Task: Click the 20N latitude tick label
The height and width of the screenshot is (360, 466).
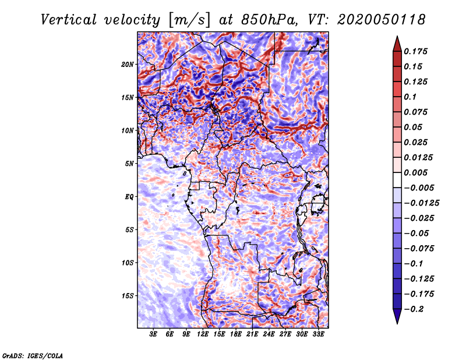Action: coord(127,65)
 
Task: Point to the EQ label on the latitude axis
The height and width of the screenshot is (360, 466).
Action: coord(129,197)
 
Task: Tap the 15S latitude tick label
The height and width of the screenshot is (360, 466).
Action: coord(128,296)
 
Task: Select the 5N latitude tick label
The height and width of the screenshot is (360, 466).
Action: coord(129,164)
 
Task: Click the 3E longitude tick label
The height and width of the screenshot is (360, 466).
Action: coord(153,334)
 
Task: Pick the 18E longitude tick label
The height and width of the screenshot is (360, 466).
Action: coord(236,334)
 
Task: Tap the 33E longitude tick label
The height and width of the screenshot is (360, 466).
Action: coord(318,334)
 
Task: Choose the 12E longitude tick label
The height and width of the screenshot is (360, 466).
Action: coord(203,334)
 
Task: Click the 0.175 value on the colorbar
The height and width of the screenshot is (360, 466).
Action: coord(415,51)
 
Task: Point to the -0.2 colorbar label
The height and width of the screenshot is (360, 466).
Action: coord(414,309)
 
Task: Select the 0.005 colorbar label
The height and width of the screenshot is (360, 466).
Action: coord(415,172)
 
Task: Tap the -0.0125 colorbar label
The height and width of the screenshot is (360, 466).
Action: coord(421,203)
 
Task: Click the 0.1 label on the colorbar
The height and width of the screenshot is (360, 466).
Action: coord(410,97)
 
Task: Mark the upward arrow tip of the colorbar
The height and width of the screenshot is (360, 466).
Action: coord(397,36)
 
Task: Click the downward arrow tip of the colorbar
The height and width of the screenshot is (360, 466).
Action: coord(397,324)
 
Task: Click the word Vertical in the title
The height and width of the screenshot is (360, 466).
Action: coord(69,20)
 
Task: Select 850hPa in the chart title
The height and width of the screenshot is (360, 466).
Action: coord(269,20)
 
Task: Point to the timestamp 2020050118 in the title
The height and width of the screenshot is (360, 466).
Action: coord(382,20)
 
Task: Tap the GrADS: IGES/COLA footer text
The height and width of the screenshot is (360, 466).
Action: coord(33,356)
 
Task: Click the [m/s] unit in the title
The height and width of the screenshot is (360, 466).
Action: coord(189,20)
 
